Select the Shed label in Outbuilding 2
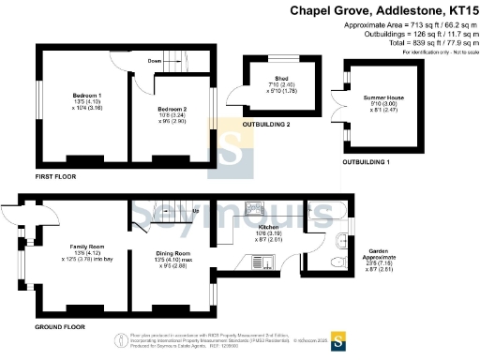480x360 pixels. [280, 80]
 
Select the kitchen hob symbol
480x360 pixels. [255, 207]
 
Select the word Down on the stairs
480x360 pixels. [155, 59]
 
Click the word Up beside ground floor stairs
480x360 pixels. [195, 210]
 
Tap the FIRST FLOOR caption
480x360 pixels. [56, 175]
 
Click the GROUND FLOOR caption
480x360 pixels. [59, 327]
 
